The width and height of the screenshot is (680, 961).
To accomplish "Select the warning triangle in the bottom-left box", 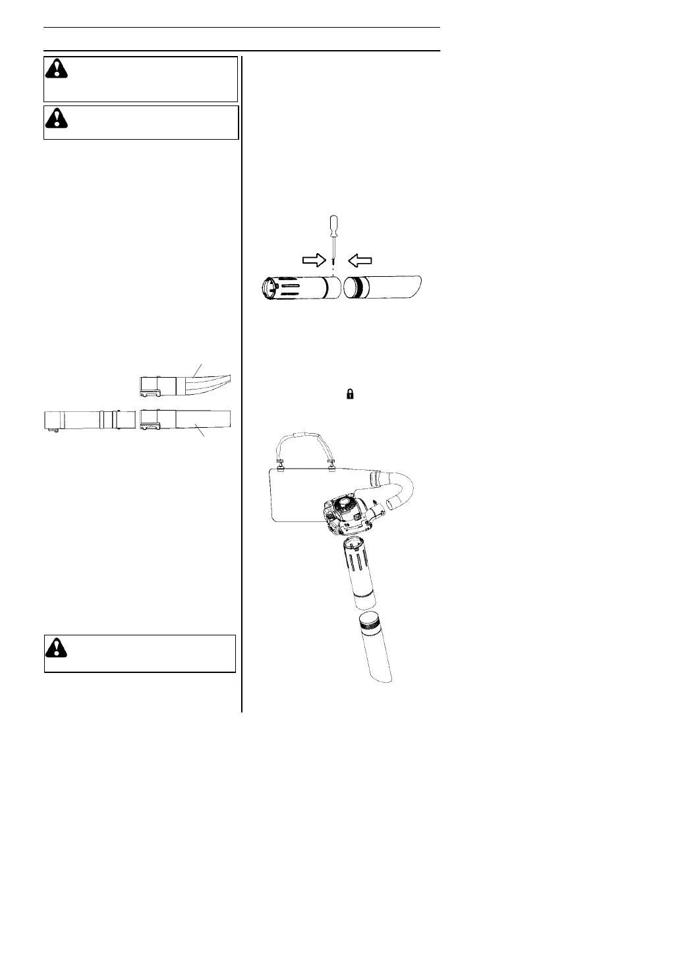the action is [57, 647].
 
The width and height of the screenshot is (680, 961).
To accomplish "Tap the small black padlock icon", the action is [351, 394].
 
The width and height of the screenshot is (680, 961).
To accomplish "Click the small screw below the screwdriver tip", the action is [334, 266].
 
